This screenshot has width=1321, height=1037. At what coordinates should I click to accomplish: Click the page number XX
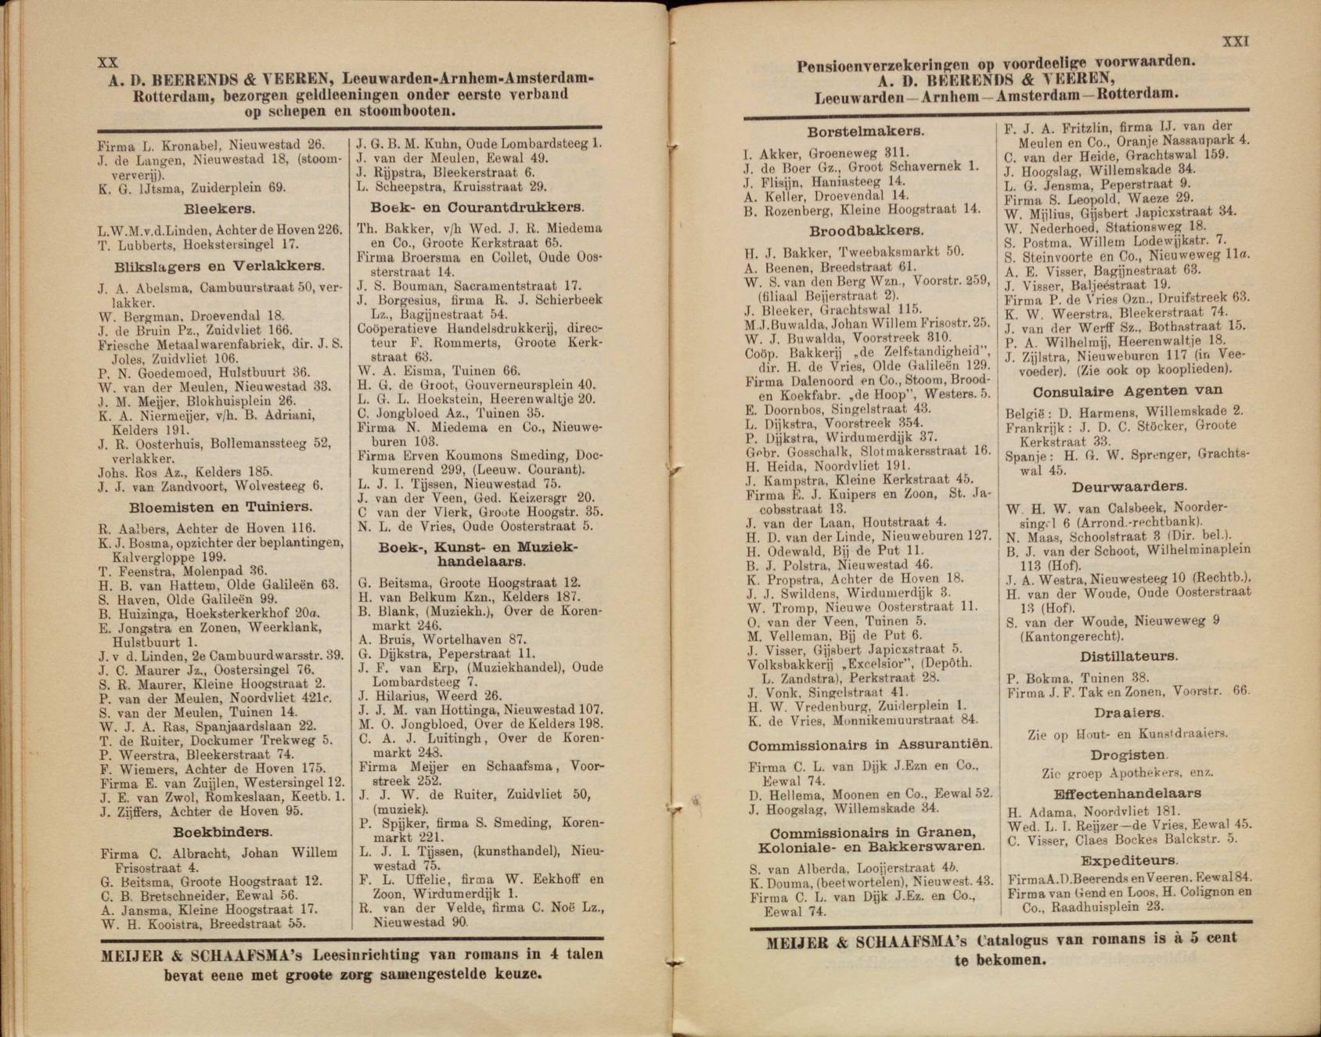coord(107,63)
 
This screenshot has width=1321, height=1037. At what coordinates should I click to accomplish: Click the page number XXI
coord(1235,41)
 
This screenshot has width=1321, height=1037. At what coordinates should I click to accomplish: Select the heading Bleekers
coord(220,209)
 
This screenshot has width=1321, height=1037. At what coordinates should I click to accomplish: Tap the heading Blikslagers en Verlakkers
coord(219,266)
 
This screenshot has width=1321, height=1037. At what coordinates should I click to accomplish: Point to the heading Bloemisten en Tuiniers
coord(220,506)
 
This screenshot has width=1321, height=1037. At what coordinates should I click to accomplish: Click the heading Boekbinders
coord(222,831)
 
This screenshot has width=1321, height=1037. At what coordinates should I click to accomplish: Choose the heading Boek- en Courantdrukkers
coord(477,207)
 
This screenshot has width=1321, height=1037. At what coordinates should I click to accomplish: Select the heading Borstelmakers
coord(866,132)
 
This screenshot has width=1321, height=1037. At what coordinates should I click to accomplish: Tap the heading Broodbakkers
coord(866,231)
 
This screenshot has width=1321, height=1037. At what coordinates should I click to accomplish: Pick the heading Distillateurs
coord(1128,657)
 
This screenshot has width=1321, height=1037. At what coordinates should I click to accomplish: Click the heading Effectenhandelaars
coord(1128,793)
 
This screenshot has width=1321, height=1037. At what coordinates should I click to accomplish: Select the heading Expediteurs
coord(1128,860)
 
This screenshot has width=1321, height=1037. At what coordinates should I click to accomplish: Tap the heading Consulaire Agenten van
coord(1128,391)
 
